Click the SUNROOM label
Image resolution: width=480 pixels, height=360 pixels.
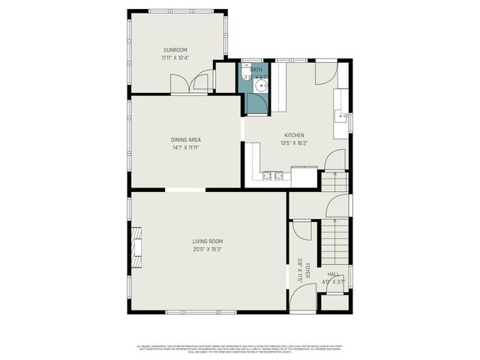pyautogui.click(x=175, y=49)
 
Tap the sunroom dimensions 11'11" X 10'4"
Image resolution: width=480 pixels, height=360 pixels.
pyautogui.click(x=175, y=57)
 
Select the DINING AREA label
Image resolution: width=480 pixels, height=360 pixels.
pyautogui.click(x=185, y=139)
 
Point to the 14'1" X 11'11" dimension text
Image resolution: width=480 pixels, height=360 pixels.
pyautogui.click(x=185, y=148)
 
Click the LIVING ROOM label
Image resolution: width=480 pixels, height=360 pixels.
pyautogui.click(x=208, y=241)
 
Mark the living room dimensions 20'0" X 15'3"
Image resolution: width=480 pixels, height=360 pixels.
pyautogui.click(x=208, y=249)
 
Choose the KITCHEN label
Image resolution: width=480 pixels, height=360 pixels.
pyautogui.click(x=293, y=135)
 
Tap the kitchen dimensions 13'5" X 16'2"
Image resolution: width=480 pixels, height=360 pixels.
pyautogui.click(x=293, y=143)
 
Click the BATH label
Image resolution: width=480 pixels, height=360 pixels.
pyautogui.click(x=256, y=70)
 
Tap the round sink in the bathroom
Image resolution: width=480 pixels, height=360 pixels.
pyautogui.click(x=259, y=86)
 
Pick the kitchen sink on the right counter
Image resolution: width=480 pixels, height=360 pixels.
pyautogui.click(x=341, y=117)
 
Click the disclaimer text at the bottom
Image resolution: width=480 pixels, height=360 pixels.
pyautogui.click(x=240, y=348)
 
